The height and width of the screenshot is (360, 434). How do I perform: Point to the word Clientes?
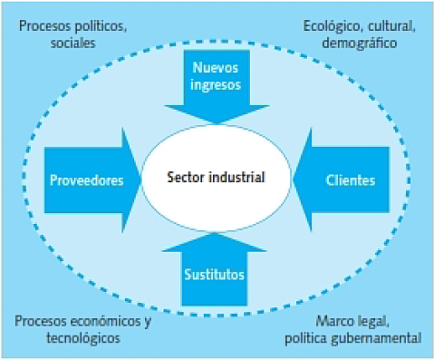tap(350, 180)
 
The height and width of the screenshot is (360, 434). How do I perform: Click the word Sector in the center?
tap(187, 177)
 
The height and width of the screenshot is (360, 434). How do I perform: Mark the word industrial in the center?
tap(236, 177)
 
